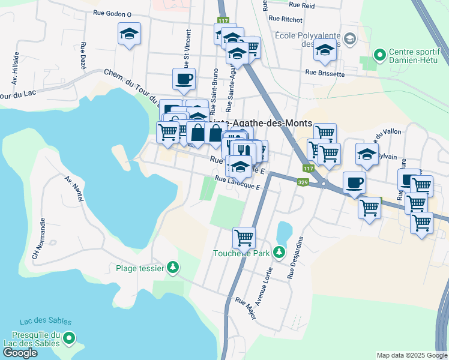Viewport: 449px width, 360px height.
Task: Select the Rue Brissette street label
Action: pyautogui.click(x=325, y=73)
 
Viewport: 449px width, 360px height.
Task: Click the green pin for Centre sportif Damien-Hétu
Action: pyautogui.click(x=379, y=56)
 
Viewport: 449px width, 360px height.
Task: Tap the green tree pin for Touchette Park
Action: pyautogui.click(x=279, y=253)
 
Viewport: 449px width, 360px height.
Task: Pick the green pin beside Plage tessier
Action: pyautogui.click(x=173, y=268)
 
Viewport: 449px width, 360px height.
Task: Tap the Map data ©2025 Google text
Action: pyautogui.click(x=411, y=355)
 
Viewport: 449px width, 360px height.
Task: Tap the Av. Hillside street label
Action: pyautogui.click(x=13, y=68)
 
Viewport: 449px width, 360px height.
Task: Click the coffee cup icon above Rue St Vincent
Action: pyautogui.click(x=184, y=78)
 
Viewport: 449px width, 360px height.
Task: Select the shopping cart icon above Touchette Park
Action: pyautogui.click(x=244, y=238)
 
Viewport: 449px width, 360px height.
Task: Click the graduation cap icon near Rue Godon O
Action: pyautogui.click(x=129, y=34)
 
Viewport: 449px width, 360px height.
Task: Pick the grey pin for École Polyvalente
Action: pyautogui.click(x=351, y=40)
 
